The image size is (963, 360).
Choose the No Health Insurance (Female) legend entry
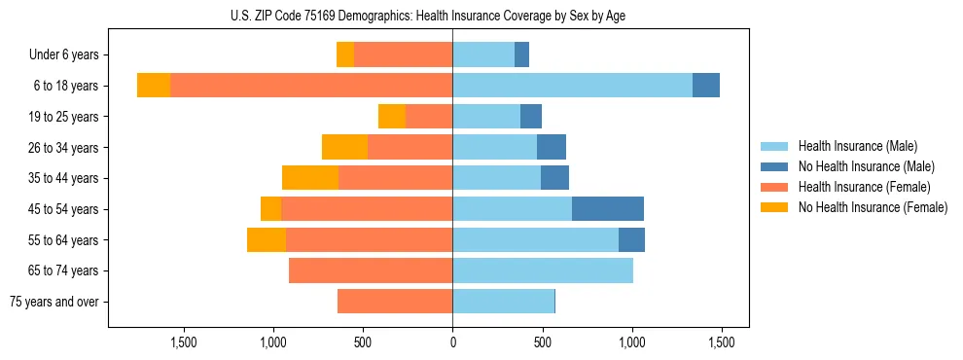pyautogui.click(x=873, y=207)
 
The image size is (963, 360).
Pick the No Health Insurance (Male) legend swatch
pyautogui.click(x=775, y=166)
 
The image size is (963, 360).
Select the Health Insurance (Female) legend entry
pyautogui.click(x=865, y=187)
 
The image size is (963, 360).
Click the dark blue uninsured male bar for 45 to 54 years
pyautogui.click(x=608, y=209)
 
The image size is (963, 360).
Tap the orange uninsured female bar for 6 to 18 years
pyautogui.click(x=154, y=86)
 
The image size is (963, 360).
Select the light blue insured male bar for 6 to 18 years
pyautogui.click(x=572, y=86)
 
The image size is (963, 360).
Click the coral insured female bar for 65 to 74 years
pyautogui.click(x=371, y=270)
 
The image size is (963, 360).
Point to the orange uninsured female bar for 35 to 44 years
pyautogui.click(x=310, y=178)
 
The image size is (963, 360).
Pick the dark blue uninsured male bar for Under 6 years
pyautogui.click(x=521, y=55)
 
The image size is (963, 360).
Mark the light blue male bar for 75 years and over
pyautogui.click(x=503, y=302)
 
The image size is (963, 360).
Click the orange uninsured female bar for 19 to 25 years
pyautogui.click(x=392, y=117)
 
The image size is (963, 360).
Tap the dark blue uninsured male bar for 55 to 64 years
pyautogui.click(x=631, y=240)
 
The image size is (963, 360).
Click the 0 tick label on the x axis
pyautogui.click(x=452, y=342)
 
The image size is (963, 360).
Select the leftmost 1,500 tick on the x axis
pyautogui.click(x=184, y=342)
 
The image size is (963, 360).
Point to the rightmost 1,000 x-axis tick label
pyautogui.click(x=631, y=342)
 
